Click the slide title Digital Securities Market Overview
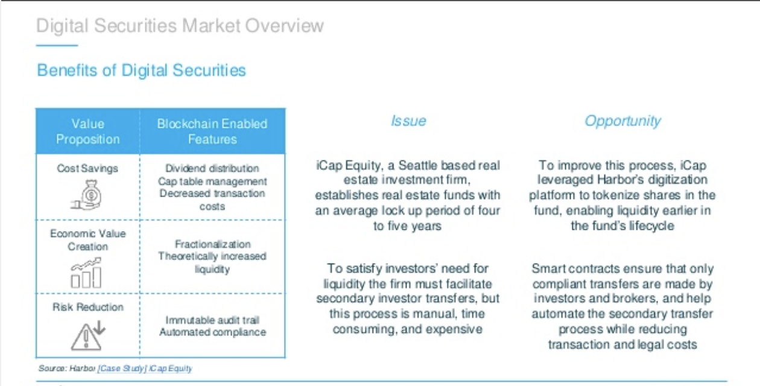180,26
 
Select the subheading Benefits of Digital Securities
141,71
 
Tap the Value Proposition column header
88,131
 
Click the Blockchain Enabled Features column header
212,131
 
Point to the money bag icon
86,195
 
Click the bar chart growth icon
86,273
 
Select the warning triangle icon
87,335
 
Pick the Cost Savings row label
87,168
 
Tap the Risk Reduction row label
88,307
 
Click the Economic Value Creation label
88,240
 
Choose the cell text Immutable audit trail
212,320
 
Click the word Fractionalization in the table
213,244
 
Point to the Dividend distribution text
212,168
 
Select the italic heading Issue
408,121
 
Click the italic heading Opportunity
623,121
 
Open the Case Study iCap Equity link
145,369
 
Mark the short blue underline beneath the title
57,45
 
